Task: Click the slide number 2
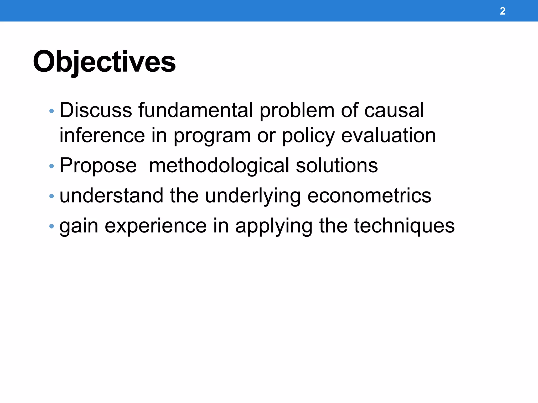pyautogui.click(x=502, y=11)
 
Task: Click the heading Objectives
pyautogui.click(x=104, y=62)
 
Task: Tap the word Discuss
pyautogui.click(x=96, y=110)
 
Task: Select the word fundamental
pyautogui.click(x=196, y=110)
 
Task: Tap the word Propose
pyautogui.click(x=98, y=166)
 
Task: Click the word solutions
pyautogui.click(x=337, y=166)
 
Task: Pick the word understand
pyautogui.click(x=111, y=196)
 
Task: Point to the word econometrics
pyautogui.click(x=369, y=196)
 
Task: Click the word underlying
pyautogui.click(x=253, y=196)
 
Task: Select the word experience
pyautogui.click(x=156, y=226)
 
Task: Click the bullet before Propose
pyautogui.click(x=51, y=166)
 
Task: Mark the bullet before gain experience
pyautogui.click(x=51, y=226)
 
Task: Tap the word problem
pyautogui.click(x=297, y=111)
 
